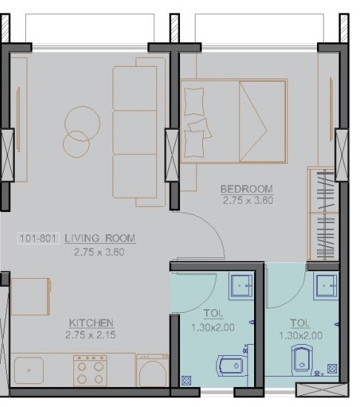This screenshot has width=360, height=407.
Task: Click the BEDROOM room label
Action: pyautogui.click(x=247, y=188)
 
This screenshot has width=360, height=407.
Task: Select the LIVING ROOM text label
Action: pyautogui.click(x=100, y=238)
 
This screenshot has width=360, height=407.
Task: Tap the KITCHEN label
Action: pyautogui.click(x=91, y=322)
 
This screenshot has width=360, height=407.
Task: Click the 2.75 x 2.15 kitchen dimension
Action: pyautogui.click(x=91, y=334)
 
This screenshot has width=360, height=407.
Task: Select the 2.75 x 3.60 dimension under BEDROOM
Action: pyautogui.click(x=247, y=199)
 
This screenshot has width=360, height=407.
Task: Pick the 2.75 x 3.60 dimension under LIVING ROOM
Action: pyautogui.click(x=100, y=251)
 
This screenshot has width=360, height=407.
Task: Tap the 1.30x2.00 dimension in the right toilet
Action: pyautogui.click(x=299, y=334)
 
